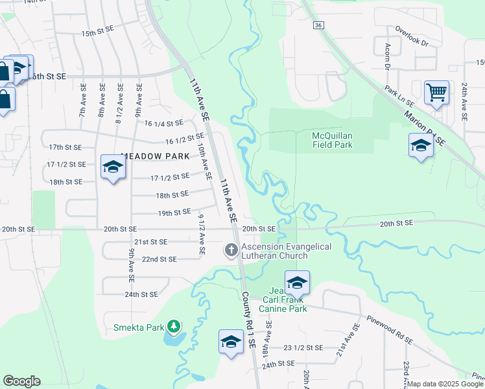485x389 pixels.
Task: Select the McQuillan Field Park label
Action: click(333, 140)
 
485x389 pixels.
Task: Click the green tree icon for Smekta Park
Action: click(173, 325)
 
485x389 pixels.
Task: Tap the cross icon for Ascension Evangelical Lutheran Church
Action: click(231, 250)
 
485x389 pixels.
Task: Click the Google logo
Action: click(21, 381)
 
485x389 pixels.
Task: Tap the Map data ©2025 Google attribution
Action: click(445, 384)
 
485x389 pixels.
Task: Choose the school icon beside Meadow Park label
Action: click(113, 167)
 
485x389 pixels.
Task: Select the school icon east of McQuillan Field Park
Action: click(421, 145)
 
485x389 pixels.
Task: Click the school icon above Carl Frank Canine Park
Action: click(297, 283)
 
